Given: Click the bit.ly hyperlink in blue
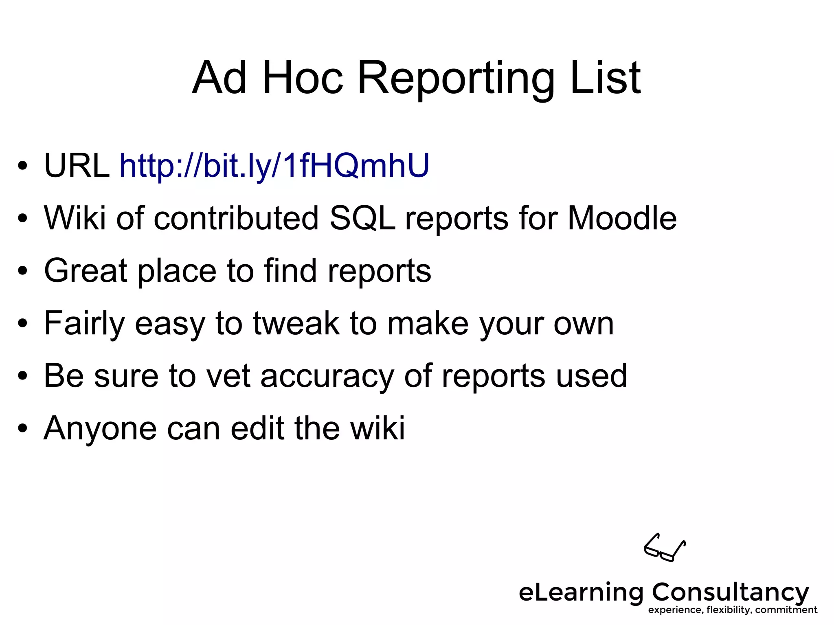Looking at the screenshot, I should (274, 166).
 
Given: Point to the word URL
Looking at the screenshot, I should (77, 166).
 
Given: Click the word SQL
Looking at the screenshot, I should (362, 218).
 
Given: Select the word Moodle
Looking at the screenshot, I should (622, 218).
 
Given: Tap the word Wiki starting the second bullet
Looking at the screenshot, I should (75, 218).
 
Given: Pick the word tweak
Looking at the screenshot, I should (296, 323).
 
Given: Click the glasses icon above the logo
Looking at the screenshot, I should (665, 548).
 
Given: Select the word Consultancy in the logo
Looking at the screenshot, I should (730, 592).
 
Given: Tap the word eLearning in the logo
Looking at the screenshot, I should (581, 593).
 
